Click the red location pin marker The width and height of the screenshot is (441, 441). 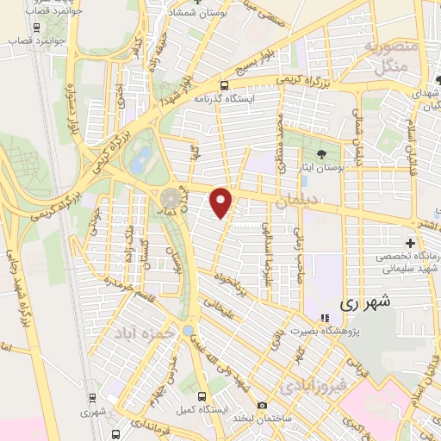[x=222, y=202]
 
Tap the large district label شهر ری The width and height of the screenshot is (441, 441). [x=364, y=302]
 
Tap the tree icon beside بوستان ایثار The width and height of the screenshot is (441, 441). [x=321, y=156]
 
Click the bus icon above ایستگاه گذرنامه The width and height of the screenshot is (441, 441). [x=224, y=85]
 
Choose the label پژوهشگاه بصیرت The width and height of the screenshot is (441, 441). [x=357, y=332]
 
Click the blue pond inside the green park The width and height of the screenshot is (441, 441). [x=143, y=157]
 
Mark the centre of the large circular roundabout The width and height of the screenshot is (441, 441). [x=170, y=201]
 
